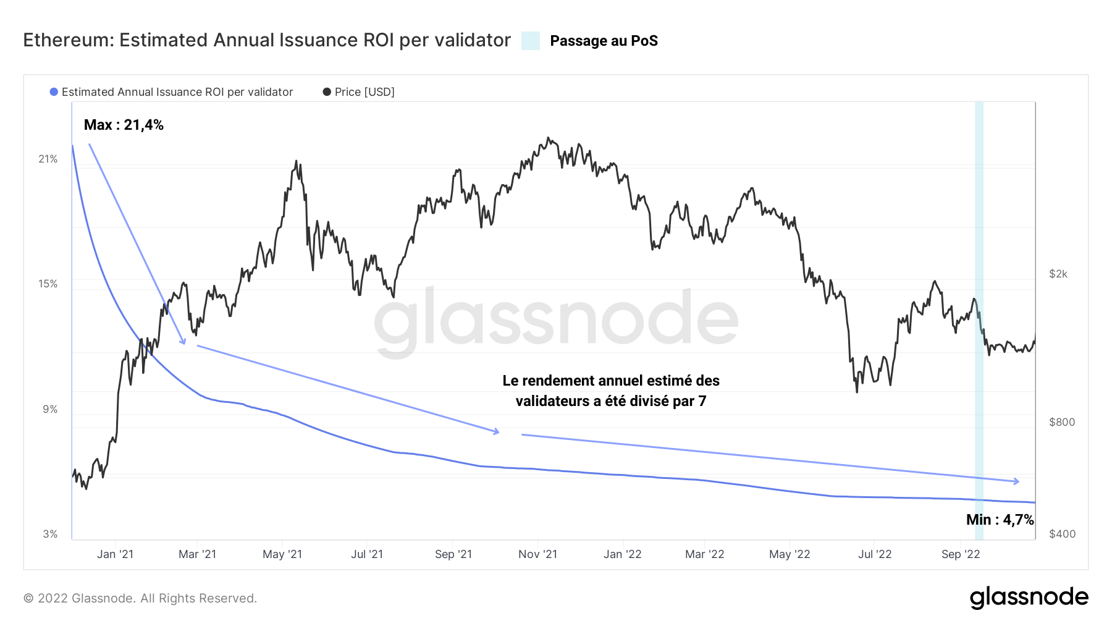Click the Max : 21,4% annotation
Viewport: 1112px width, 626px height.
click(x=124, y=125)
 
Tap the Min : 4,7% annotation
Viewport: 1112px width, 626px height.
click(x=1000, y=520)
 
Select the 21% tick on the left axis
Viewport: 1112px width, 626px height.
click(x=48, y=159)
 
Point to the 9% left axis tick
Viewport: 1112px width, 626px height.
click(x=50, y=409)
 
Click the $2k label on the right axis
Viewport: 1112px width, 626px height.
click(x=1058, y=274)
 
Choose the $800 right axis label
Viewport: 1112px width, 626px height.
click(x=1061, y=422)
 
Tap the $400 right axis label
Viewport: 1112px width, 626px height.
click(x=1061, y=534)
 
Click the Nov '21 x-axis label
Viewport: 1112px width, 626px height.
click(x=537, y=554)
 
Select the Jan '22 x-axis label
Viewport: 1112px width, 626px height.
click(x=622, y=554)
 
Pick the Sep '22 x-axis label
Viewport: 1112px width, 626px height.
click(x=960, y=554)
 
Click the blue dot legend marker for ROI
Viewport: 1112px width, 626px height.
click(x=54, y=92)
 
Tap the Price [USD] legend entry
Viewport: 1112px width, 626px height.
click(x=364, y=92)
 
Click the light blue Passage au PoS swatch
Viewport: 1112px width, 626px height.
click(x=530, y=41)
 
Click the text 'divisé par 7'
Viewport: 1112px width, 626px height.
click(x=667, y=401)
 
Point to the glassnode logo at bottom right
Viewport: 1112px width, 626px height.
click(x=1029, y=598)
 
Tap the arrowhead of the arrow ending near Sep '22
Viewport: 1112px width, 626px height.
click(x=1016, y=481)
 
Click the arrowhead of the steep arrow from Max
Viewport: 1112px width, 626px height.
click(x=183, y=342)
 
